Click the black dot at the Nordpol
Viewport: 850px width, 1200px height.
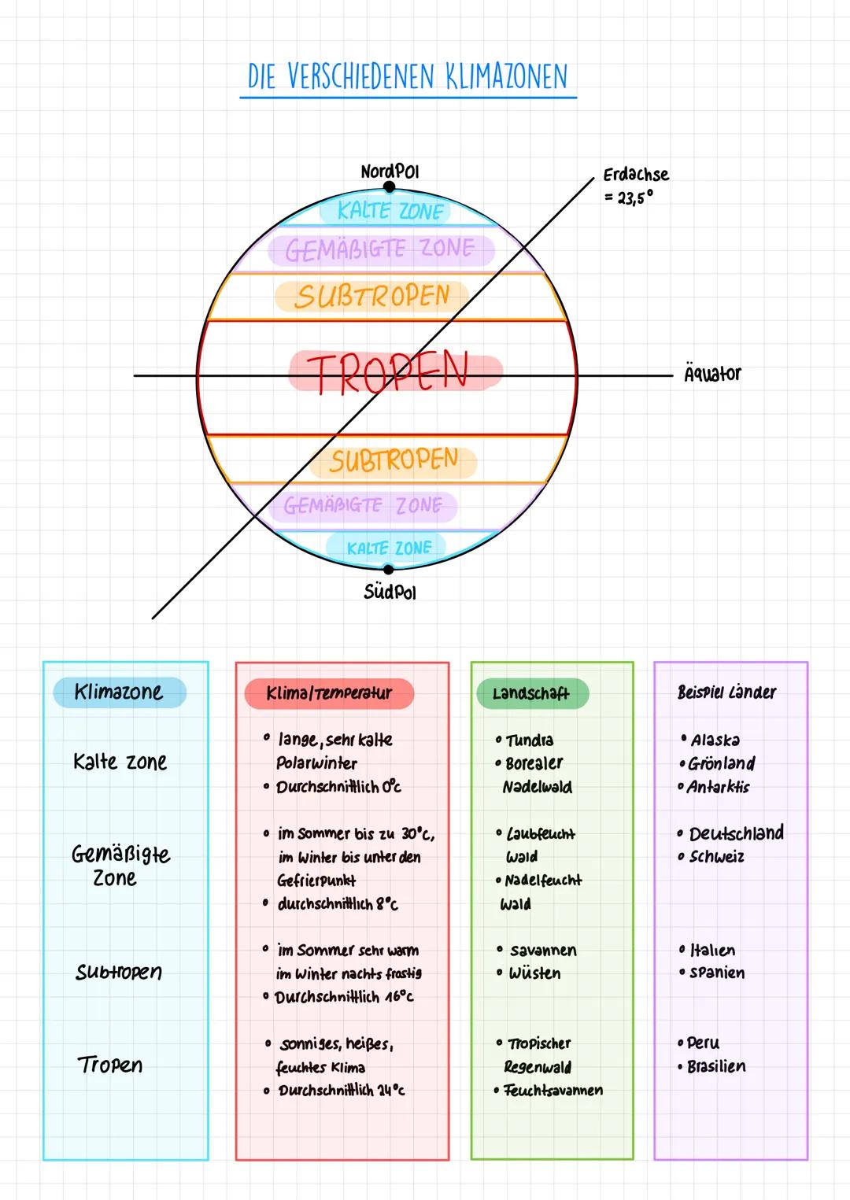pos(389,187)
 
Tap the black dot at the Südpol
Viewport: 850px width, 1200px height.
pos(388,568)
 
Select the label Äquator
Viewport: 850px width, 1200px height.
pos(712,374)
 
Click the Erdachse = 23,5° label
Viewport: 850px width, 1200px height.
pos(636,185)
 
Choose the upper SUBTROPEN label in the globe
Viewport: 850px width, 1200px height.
pos(371,297)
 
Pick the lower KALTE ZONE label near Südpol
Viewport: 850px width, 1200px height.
pos(389,548)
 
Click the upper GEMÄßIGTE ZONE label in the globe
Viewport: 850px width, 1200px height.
pos(380,249)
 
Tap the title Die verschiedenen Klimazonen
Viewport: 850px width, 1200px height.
pos(408,77)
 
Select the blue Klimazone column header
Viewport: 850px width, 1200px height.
pos(119,692)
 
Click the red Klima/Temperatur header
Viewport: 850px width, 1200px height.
pos(329,693)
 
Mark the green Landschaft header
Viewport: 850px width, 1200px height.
pos(531,693)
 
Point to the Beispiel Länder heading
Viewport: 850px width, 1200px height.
pos(726,692)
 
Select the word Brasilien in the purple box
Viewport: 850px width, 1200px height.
pos(716,1066)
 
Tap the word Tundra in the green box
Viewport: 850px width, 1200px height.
pos(530,740)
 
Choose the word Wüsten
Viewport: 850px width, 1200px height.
pos(534,973)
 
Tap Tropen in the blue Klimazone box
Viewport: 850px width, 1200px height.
pos(110,1065)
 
